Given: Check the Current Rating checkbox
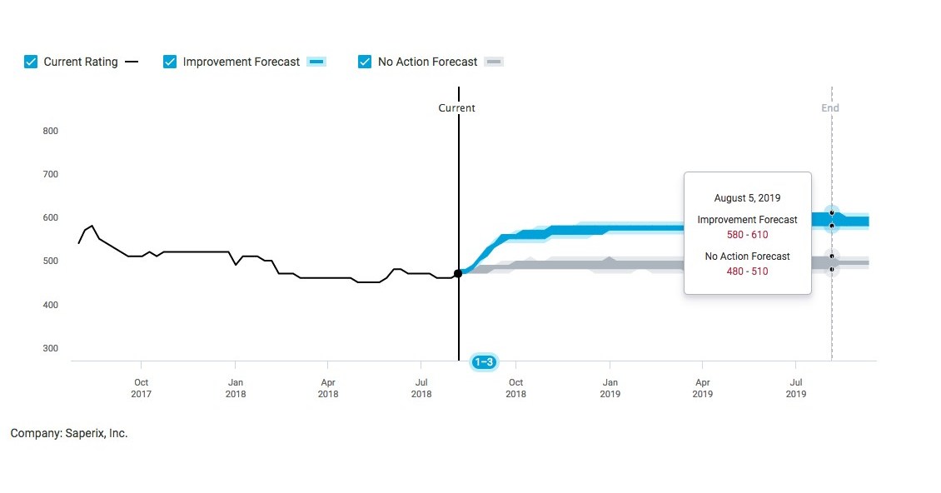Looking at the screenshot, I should [31, 62].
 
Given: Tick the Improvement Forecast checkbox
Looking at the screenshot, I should [170, 62].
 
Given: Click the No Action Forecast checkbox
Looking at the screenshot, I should [365, 62].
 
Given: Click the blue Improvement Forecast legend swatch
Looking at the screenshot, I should [316, 62].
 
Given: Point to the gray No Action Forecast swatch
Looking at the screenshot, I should [494, 62].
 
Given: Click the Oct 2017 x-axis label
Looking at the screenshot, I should [141, 388].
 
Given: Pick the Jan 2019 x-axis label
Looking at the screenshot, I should [610, 388].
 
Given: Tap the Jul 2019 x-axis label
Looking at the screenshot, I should [796, 388].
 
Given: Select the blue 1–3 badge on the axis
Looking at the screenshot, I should [484, 362].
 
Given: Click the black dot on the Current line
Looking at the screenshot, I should [458, 273].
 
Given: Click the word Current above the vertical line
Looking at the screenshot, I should [457, 108].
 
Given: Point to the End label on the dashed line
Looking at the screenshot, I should [830, 108].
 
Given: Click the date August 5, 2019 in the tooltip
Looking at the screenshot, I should [747, 198].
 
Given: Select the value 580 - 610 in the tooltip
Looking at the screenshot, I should [747, 235].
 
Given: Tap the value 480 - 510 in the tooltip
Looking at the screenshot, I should [747, 271].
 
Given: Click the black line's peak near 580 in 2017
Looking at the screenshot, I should [92, 226].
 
